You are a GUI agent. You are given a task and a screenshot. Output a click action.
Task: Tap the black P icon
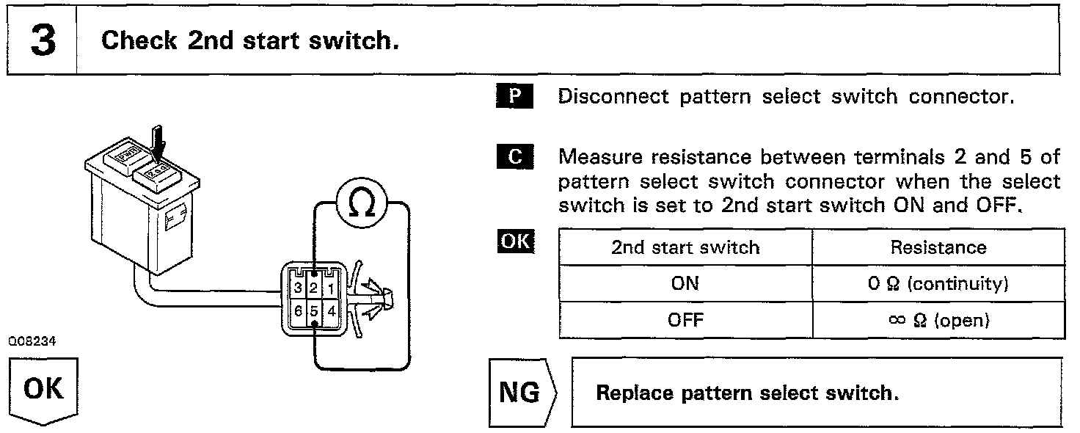pos(515,97)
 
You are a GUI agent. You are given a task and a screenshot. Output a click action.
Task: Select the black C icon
pos(515,157)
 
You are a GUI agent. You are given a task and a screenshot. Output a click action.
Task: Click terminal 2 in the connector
pos(314,288)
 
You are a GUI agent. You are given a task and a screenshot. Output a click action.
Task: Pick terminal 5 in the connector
pos(314,311)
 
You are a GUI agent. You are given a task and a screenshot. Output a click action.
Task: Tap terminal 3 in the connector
pos(297,288)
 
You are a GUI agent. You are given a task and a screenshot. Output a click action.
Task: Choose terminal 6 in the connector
pos(297,311)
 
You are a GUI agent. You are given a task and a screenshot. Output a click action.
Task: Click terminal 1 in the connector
pos(332,288)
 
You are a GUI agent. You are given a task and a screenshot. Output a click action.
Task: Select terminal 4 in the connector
pos(332,311)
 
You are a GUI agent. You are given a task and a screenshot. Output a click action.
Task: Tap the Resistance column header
pos(938,247)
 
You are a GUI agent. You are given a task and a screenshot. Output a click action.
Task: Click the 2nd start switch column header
pos(685,247)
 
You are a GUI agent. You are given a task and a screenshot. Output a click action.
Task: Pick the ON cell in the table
pos(685,283)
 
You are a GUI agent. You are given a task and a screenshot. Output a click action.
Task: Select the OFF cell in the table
pos(685,320)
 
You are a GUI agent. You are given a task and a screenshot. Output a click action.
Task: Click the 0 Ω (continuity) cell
pos(938,283)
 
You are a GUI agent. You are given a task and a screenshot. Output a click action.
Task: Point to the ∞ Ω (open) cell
pos(938,320)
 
